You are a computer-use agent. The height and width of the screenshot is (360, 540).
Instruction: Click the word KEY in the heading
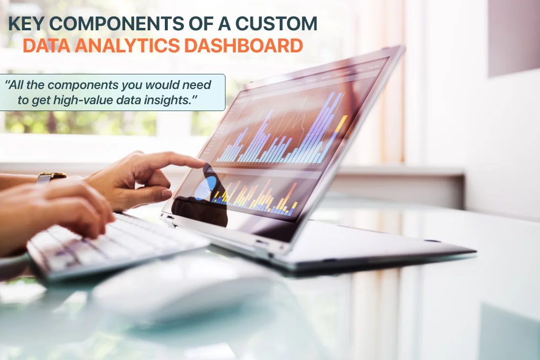click(26, 23)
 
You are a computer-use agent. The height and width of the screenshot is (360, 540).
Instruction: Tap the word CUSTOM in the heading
click(276, 23)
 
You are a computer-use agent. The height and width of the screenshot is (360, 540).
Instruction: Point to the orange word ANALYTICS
click(127, 46)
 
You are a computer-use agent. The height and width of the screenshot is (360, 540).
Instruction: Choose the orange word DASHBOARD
click(244, 46)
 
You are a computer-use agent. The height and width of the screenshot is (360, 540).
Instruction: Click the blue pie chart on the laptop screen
click(205, 188)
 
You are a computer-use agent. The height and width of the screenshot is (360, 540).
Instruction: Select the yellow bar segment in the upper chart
click(341, 123)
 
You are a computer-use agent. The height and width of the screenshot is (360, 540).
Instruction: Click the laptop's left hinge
click(168, 219)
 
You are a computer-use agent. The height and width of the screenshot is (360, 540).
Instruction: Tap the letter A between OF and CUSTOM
click(224, 23)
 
